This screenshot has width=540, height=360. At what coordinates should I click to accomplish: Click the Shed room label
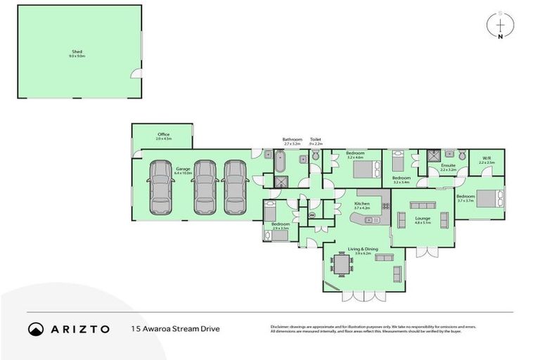click(x=77, y=51)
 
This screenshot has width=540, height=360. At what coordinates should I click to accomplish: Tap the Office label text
click(x=163, y=134)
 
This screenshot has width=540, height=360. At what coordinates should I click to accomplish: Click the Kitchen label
click(x=361, y=204)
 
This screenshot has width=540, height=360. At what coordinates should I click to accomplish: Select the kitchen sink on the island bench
click(x=368, y=219)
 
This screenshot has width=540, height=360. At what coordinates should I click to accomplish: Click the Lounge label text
click(x=423, y=218)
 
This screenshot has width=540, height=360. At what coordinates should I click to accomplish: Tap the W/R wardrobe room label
click(x=487, y=158)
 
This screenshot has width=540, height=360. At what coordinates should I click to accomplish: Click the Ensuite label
click(x=448, y=165)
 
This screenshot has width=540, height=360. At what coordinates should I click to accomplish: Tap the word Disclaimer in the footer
click(x=281, y=326)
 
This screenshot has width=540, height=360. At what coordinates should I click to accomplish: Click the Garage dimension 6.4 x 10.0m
click(x=183, y=172)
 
